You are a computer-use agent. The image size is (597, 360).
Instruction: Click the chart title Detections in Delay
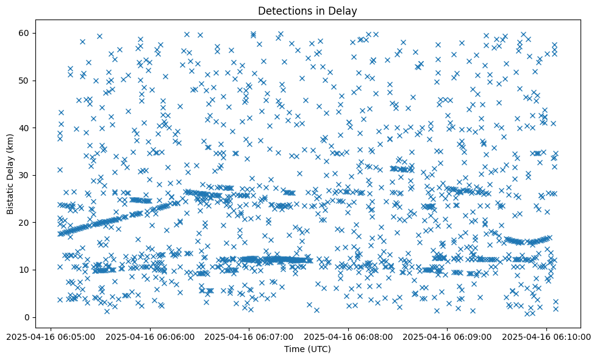coord(307,10)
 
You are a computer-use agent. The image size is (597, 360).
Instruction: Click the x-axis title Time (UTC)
coord(307,349)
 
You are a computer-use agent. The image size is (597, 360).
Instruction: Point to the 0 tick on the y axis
coord(27,317)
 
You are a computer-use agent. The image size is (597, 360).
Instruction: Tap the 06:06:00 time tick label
coord(150,336)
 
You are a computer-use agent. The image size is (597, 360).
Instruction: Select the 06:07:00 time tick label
coord(249,336)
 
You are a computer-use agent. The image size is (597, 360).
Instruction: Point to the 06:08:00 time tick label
coord(348,336)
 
